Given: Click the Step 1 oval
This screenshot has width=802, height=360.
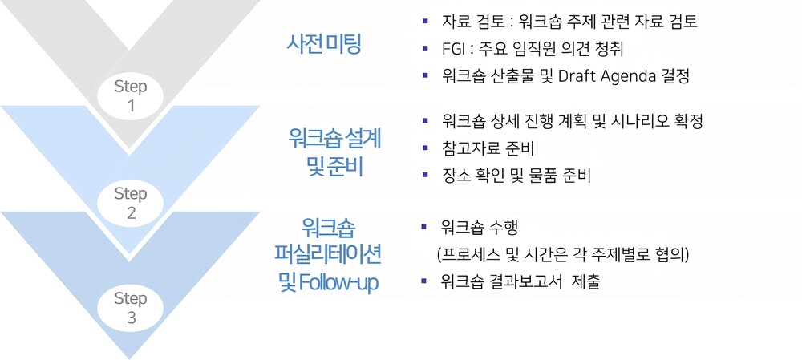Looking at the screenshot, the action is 131,96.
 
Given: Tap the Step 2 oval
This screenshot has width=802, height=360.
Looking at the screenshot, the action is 131,204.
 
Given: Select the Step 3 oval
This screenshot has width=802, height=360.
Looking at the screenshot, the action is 131,309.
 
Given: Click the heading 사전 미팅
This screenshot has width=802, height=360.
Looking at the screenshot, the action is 324,45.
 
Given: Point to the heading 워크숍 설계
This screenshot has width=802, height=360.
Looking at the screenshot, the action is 334,138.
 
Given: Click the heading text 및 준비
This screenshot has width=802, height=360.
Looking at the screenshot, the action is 335,166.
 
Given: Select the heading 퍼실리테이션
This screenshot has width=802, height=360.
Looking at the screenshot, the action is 328,254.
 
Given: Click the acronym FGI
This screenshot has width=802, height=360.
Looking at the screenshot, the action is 453,49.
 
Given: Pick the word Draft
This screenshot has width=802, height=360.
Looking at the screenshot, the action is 576,76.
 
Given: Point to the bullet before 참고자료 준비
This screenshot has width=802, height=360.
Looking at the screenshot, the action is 425,148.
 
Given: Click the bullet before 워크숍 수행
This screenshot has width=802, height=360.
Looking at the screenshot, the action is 423,227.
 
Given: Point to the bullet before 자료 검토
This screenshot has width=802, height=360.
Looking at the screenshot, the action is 425,22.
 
